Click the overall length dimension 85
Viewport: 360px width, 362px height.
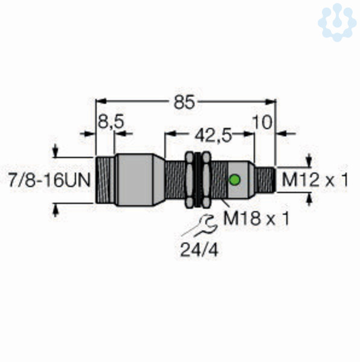(x=184, y=102)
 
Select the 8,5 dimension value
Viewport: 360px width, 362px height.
(x=111, y=122)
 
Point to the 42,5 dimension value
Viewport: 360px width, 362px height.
(x=213, y=136)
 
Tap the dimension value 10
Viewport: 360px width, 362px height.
(x=262, y=122)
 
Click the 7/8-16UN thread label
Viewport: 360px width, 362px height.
(x=49, y=180)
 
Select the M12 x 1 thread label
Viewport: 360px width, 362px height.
(x=315, y=180)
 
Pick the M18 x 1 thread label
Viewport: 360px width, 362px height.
(x=256, y=218)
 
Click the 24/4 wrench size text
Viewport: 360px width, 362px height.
(x=199, y=250)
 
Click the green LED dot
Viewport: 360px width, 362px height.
(x=234, y=179)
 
